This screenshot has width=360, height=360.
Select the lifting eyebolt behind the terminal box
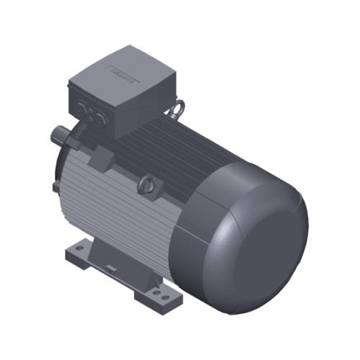(175, 110)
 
